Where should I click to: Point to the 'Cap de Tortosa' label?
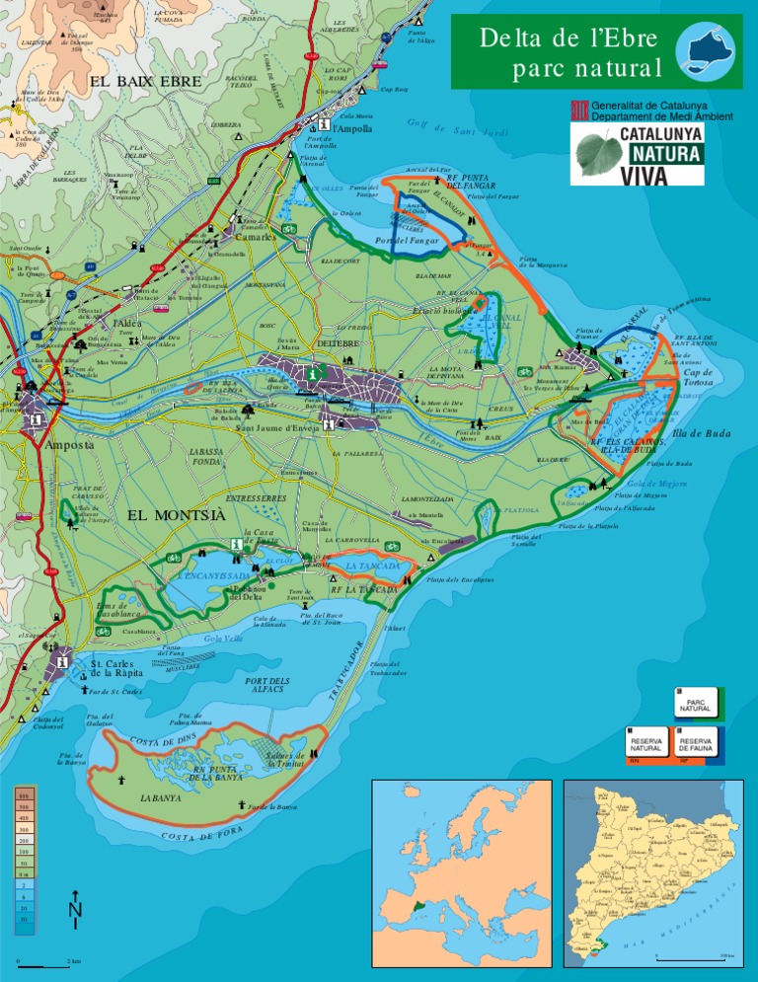pyautogui.click(x=705, y=377)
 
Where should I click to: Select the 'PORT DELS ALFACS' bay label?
pyautogui.click(x=266, y=686)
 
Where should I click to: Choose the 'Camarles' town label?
pyautogui.click(x=254, y=237)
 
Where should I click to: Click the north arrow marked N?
pyautogui.click(x=75, y=914)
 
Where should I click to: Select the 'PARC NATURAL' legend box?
pyautogui.click(x=697, y=705)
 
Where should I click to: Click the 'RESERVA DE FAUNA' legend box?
pyautogui.click(x=697, y=743)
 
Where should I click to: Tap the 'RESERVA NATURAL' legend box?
pyautogui.click(x=646, y=743)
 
